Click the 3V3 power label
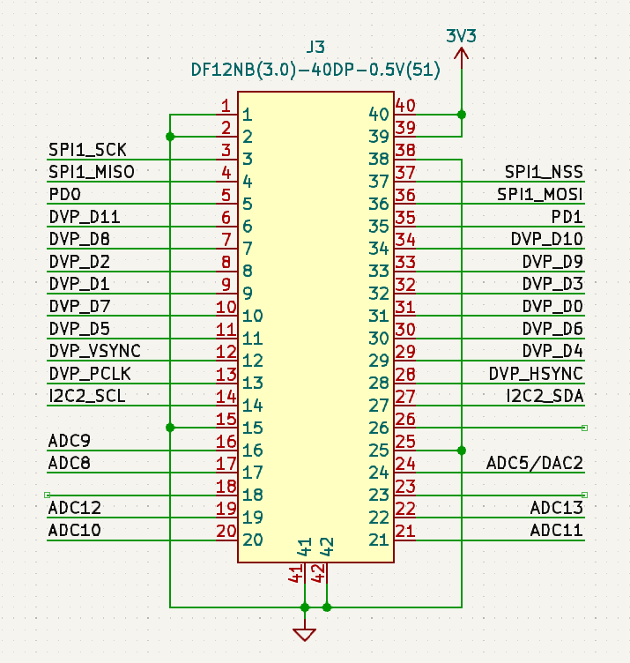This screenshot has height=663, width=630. (461, 36)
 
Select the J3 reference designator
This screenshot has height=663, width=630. (315, 47)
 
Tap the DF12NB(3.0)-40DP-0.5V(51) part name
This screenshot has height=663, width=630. (315, 70)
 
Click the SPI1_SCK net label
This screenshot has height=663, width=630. (87, 150)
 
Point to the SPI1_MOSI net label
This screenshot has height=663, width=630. (539, 195)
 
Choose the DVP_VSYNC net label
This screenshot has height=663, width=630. (94, 351)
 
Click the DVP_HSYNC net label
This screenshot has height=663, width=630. (536, 374)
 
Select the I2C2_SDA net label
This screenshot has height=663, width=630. (545, 396)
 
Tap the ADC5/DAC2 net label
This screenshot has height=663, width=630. (535, 464)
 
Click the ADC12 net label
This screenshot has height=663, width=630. (74, 508)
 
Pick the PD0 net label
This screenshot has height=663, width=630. (64, 195)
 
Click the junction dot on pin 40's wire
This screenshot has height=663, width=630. (462, 115)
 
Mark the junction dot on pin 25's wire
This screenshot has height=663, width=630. (462, 451)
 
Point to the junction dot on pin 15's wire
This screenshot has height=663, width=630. (170, 428)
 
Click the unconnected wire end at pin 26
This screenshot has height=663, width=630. (584, 428)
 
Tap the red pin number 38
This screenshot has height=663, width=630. (405, 150)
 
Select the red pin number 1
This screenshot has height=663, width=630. (226, 106)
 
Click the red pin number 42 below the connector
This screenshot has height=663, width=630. (319, 573)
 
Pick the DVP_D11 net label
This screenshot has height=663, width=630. (85, 217)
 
